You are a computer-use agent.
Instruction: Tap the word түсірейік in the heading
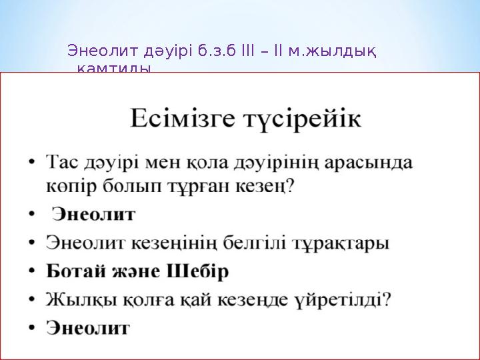pyautogui.click(x=299, y=120)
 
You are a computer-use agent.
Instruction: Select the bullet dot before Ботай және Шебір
pyautogui.click(x=33, y=272)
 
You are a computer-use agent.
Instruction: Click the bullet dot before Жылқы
pyautogui.click(x=33, y=300)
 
